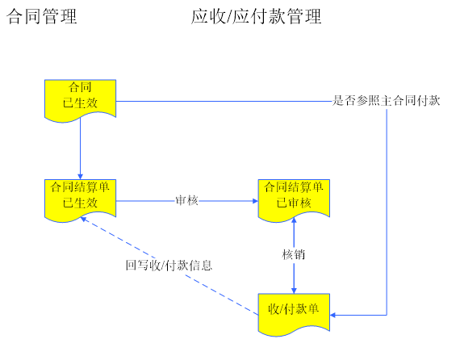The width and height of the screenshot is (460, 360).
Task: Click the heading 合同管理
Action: pyautogui.click(x=42, y=16)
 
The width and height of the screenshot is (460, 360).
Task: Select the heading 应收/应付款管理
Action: pyautogui.click(x=256, y=16)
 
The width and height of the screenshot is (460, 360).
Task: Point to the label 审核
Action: pyautogui.click(x=186, y=201)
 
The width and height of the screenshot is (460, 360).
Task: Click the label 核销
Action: pyautogui.click(x=294, y=254)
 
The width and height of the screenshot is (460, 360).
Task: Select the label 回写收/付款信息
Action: pyautogui.click(x=169, y=266)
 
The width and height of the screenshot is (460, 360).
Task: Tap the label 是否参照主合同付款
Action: pyautogui.click(x=386, y=101)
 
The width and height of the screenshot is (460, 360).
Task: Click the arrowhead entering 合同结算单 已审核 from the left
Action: pyautogui.click(x=255, y=201)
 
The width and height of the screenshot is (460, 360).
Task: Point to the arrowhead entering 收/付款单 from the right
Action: pyautogui.click(x=333, y=315)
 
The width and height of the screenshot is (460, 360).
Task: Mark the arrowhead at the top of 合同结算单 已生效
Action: pyautogui.click(x=80, y=176)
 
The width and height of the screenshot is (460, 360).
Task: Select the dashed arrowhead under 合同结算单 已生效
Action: pyautogui.click(x=84, y=219)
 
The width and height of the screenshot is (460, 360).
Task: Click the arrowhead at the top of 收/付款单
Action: pyautogui.click(x=294, y=291)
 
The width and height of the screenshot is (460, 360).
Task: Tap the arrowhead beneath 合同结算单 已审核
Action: pyautogui.click(x=294, y=220)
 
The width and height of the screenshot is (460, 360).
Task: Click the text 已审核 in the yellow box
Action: pyautogui.click(x=294, y=203)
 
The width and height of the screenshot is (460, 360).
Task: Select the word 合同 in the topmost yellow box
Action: pyautogui.click(x=80, y=87)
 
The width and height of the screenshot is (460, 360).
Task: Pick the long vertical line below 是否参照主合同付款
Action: pyautogui.click(x=387, y=211)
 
